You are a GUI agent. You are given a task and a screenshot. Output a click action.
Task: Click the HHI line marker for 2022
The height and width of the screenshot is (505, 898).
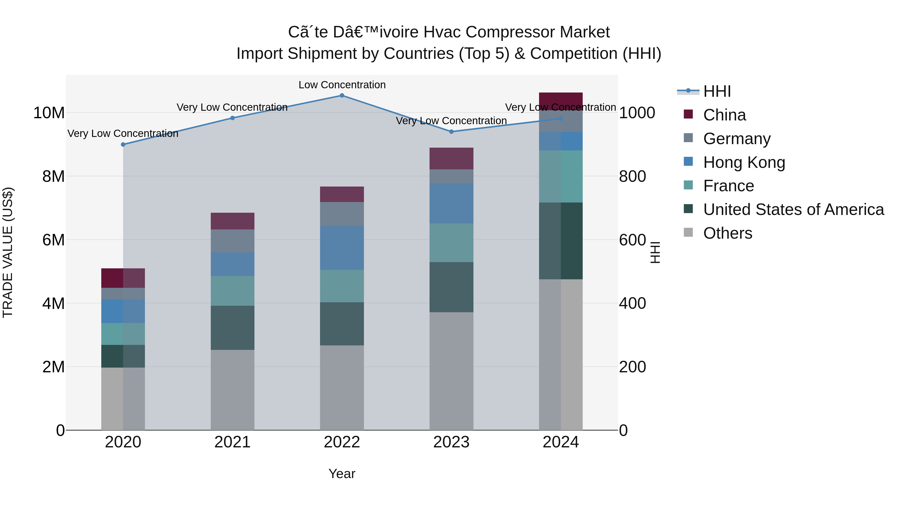342,96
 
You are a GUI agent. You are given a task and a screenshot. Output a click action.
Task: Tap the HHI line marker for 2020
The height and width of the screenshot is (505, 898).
123,144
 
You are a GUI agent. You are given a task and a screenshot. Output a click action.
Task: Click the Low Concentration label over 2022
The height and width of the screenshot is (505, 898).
342,85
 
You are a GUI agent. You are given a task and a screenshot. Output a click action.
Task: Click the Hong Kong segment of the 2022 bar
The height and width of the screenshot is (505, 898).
342,248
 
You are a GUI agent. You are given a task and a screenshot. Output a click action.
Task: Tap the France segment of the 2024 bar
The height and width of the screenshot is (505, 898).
561,176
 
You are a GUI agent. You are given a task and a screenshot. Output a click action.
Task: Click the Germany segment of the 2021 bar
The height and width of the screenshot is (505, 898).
232,241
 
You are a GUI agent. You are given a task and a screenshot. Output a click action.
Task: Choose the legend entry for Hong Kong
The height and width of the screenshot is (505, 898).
744,162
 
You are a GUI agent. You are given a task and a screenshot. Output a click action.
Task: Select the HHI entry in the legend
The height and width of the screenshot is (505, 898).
717,91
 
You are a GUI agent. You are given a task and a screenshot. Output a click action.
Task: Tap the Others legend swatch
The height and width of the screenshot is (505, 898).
688,232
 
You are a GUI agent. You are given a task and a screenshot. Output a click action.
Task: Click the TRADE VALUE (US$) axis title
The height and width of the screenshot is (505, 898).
8,253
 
